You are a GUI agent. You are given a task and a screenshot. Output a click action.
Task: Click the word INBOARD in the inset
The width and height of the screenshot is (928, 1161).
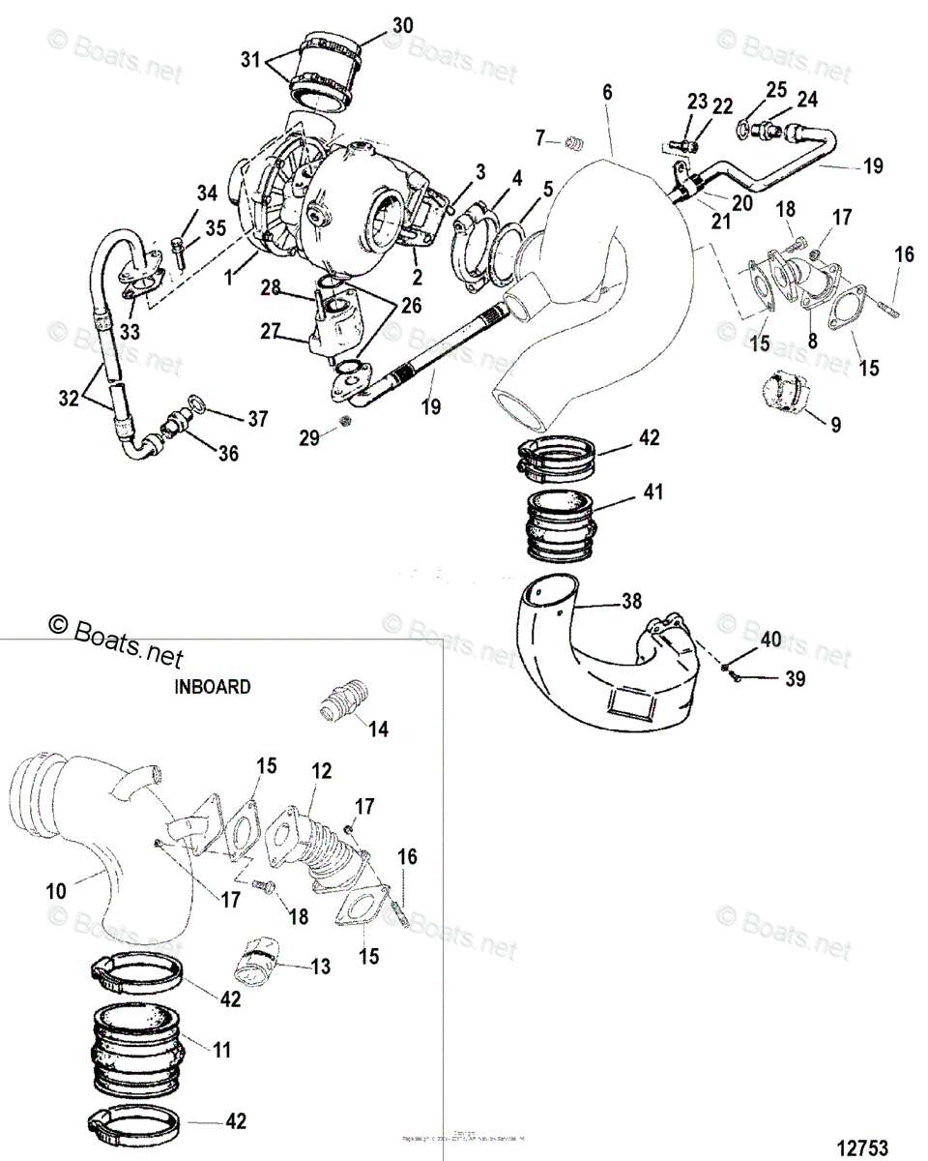[213, 687]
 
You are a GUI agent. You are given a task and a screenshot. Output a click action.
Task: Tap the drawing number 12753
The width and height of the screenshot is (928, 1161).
[862, 1146]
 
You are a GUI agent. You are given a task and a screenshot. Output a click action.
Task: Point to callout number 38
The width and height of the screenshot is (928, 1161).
[630, 600]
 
